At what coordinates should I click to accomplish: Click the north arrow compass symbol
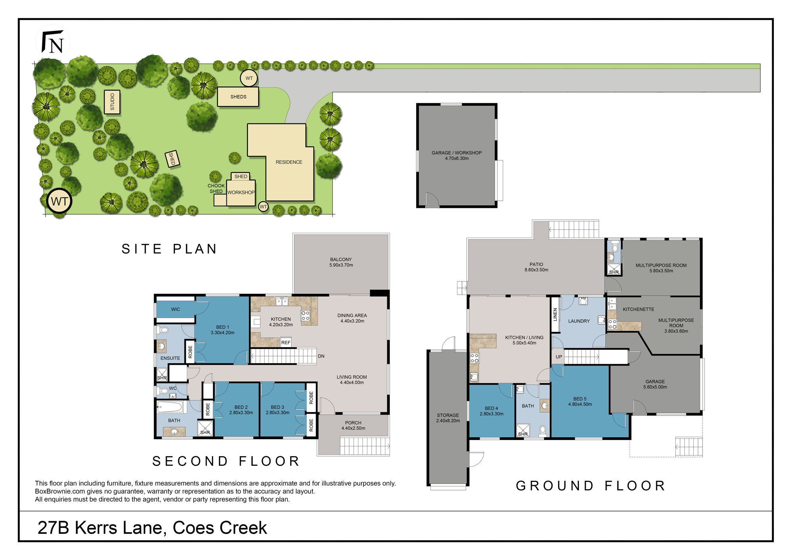[53, 42]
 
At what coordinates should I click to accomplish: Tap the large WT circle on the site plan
[59, 201]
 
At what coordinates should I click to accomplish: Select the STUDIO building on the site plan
[112, 102]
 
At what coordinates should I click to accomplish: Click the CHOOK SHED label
[216, 189]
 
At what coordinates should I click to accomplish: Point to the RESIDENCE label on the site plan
[289, 162]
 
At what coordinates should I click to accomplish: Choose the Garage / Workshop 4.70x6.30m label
[457, 156]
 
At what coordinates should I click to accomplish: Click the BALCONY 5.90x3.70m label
[341, 262]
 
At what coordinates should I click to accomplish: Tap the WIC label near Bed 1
[175, 309]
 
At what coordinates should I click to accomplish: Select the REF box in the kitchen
[286, 342]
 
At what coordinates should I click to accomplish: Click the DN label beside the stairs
[321, 356]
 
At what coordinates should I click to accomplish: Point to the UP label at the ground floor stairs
[559, 357]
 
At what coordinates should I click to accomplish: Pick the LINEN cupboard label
[555, 314]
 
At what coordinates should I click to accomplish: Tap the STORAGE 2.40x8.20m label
[448, 418]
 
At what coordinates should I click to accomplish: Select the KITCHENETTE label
[638, 309]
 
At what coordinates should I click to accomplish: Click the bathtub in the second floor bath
[169, 407]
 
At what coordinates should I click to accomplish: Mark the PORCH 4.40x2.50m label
[353, 425]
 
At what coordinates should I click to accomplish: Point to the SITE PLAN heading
[169, 249]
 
